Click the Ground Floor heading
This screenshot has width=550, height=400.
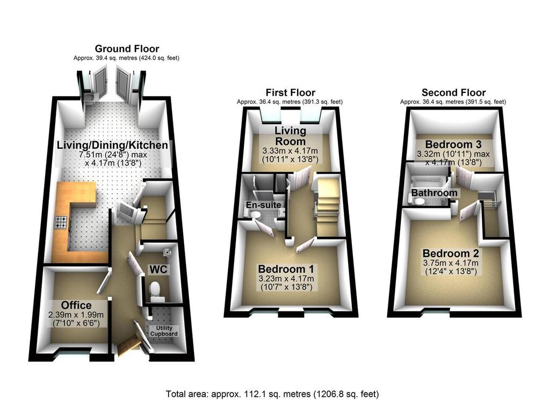coord(127,48)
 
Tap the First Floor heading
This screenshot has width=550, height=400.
coord(291,92)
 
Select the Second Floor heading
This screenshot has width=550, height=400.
coord(453,92)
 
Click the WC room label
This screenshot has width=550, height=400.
coord(158,269)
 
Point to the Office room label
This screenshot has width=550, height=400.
coord(76,305)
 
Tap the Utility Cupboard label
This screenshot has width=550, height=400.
coord(164,331)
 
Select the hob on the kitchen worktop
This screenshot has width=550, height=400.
coord(61,222)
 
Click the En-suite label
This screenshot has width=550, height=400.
coord(263,205)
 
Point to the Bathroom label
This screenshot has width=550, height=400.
coord(434,193)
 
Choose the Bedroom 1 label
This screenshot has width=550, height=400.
coord(286,269)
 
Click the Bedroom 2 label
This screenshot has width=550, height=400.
coord(451,253)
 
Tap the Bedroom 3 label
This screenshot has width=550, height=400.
coord(453,144)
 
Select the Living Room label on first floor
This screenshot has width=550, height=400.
coord(290,136)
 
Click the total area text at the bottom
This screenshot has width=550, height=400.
coord(272,394)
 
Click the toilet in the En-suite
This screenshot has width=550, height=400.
coord(256,214)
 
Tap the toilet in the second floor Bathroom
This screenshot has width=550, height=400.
coord(417,201)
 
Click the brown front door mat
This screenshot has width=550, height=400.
coord(129,346)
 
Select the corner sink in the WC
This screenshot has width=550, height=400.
coord(167,252)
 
